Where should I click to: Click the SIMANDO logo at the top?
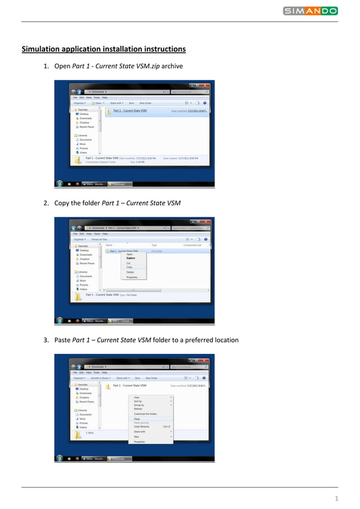[x=310, y=11]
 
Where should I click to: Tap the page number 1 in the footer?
[x=336, y=498]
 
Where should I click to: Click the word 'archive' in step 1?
[x=172, y=67]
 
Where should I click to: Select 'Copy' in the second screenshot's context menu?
[x=129, y=267]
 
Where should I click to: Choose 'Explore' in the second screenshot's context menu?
[x=131, y=258]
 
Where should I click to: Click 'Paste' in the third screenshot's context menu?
[x=137, y=419]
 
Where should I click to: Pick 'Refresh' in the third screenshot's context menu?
[x=138, y=409]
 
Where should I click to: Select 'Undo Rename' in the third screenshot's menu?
[x=142, y=426]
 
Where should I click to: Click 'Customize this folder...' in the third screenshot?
[x=146, y=414]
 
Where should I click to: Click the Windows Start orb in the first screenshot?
[x=59, y=183]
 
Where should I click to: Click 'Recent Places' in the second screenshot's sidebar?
[x=87, y=264]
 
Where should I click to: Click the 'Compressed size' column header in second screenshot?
[x=194, y=245]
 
